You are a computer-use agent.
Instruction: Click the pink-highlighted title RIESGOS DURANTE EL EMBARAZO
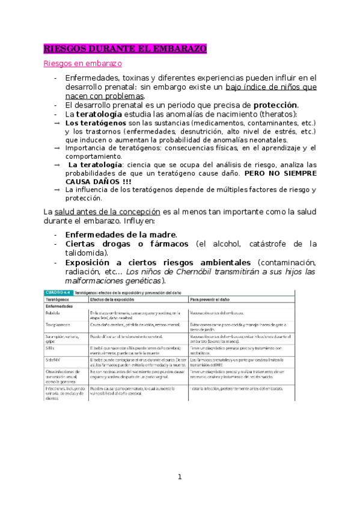point(125,48)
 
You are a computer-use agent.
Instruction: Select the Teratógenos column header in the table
point(59,299)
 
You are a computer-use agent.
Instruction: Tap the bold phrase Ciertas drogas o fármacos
point(129,244)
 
